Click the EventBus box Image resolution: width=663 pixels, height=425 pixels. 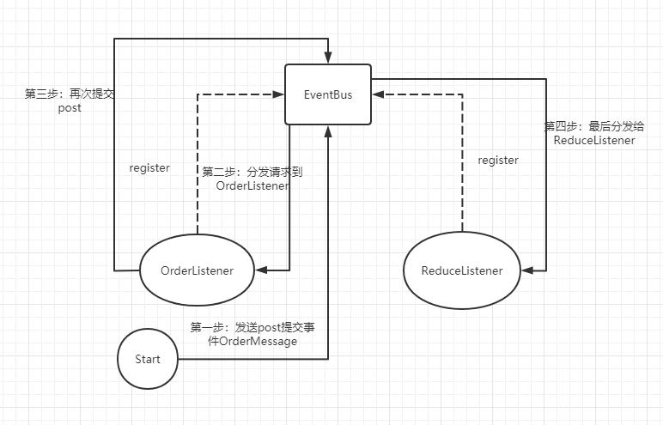pyautogui.click(x=328, y=94)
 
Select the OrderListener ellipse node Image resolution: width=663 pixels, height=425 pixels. pyautogui.click(x=197, y=270)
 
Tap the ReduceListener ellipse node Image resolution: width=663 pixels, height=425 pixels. pyautogui.click(x=462, y=270)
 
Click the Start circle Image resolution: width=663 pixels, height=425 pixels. pyautogui.click(x=147, y=359)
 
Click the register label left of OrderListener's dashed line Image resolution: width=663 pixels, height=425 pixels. pyautogui.click(x=149, y=168)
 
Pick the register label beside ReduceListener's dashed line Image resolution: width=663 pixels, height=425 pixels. pyautogui.click(x=498, y=160)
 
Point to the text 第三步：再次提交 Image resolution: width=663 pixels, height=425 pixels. pyautogui.click(x=70, y=94)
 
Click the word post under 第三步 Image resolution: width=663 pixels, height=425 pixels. pyautogui.click(x=70, y=109)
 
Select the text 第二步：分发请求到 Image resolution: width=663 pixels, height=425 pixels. pyautogui.click(x=252, y=172)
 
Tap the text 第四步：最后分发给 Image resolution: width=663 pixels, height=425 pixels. pyautogui.click(x=594, y=126)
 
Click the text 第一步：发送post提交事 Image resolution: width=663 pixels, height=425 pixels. pyautogui.click(x=258, y=327)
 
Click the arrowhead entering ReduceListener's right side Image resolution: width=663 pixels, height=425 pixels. pyautogui.click(x=527, y=270)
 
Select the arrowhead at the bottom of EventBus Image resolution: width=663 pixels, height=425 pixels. pyautogui.click(x=328, y=131)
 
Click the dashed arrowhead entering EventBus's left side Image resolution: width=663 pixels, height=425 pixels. pyautogui.click(x=279, y=94)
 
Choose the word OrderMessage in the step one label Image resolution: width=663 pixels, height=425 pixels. pyautogui.click(x=258, y=341)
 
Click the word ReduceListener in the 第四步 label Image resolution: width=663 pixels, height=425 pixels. pyautogui.click(x=594, y=140)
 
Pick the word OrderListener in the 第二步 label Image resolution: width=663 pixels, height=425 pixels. pyautogui.click(x=252, y=185)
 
